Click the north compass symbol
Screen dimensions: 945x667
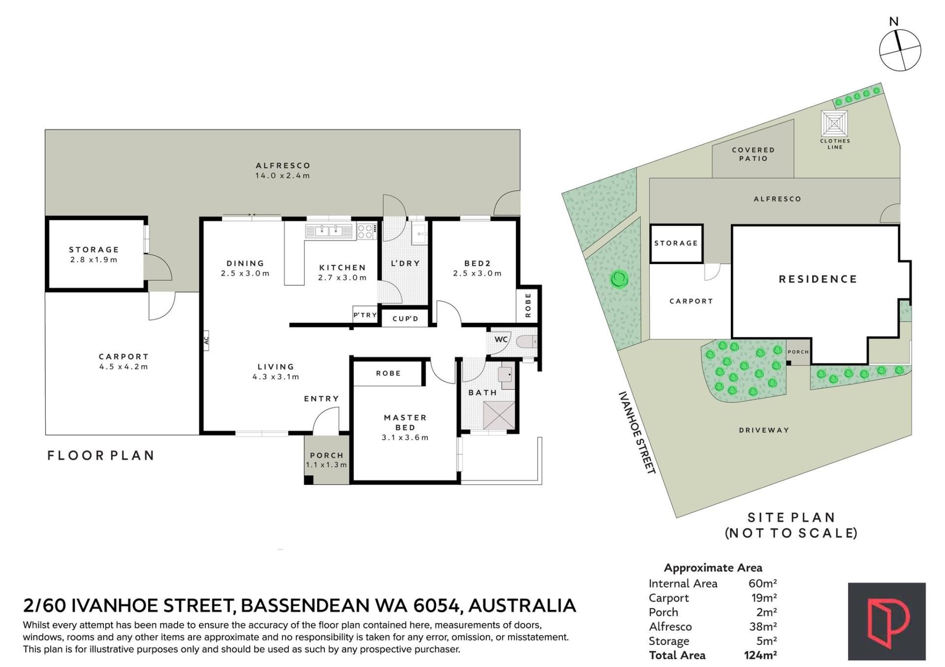(900, 50)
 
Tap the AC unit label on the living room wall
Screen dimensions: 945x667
(206, 339)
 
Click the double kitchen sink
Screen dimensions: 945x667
(329, 230)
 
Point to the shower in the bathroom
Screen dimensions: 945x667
(499, 415)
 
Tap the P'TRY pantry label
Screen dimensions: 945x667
(365, 315)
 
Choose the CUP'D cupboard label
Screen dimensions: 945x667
(406, 319)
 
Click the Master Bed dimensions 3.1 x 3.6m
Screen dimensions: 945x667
(405, 437)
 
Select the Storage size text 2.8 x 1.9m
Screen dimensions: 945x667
(94, 260)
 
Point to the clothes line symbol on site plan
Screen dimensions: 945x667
(834, 123)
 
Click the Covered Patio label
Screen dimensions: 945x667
(753, 154)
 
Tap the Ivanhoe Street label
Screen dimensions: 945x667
(637, 433)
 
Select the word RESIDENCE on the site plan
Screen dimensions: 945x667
(818, 279)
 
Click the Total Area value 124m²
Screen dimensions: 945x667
(760, 655)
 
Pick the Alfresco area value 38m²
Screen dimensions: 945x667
(763, 627)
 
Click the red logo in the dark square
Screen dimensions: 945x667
(887, 622)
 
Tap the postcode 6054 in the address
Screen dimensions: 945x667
(438, 606)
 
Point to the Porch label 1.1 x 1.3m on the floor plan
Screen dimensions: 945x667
(326, 460)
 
